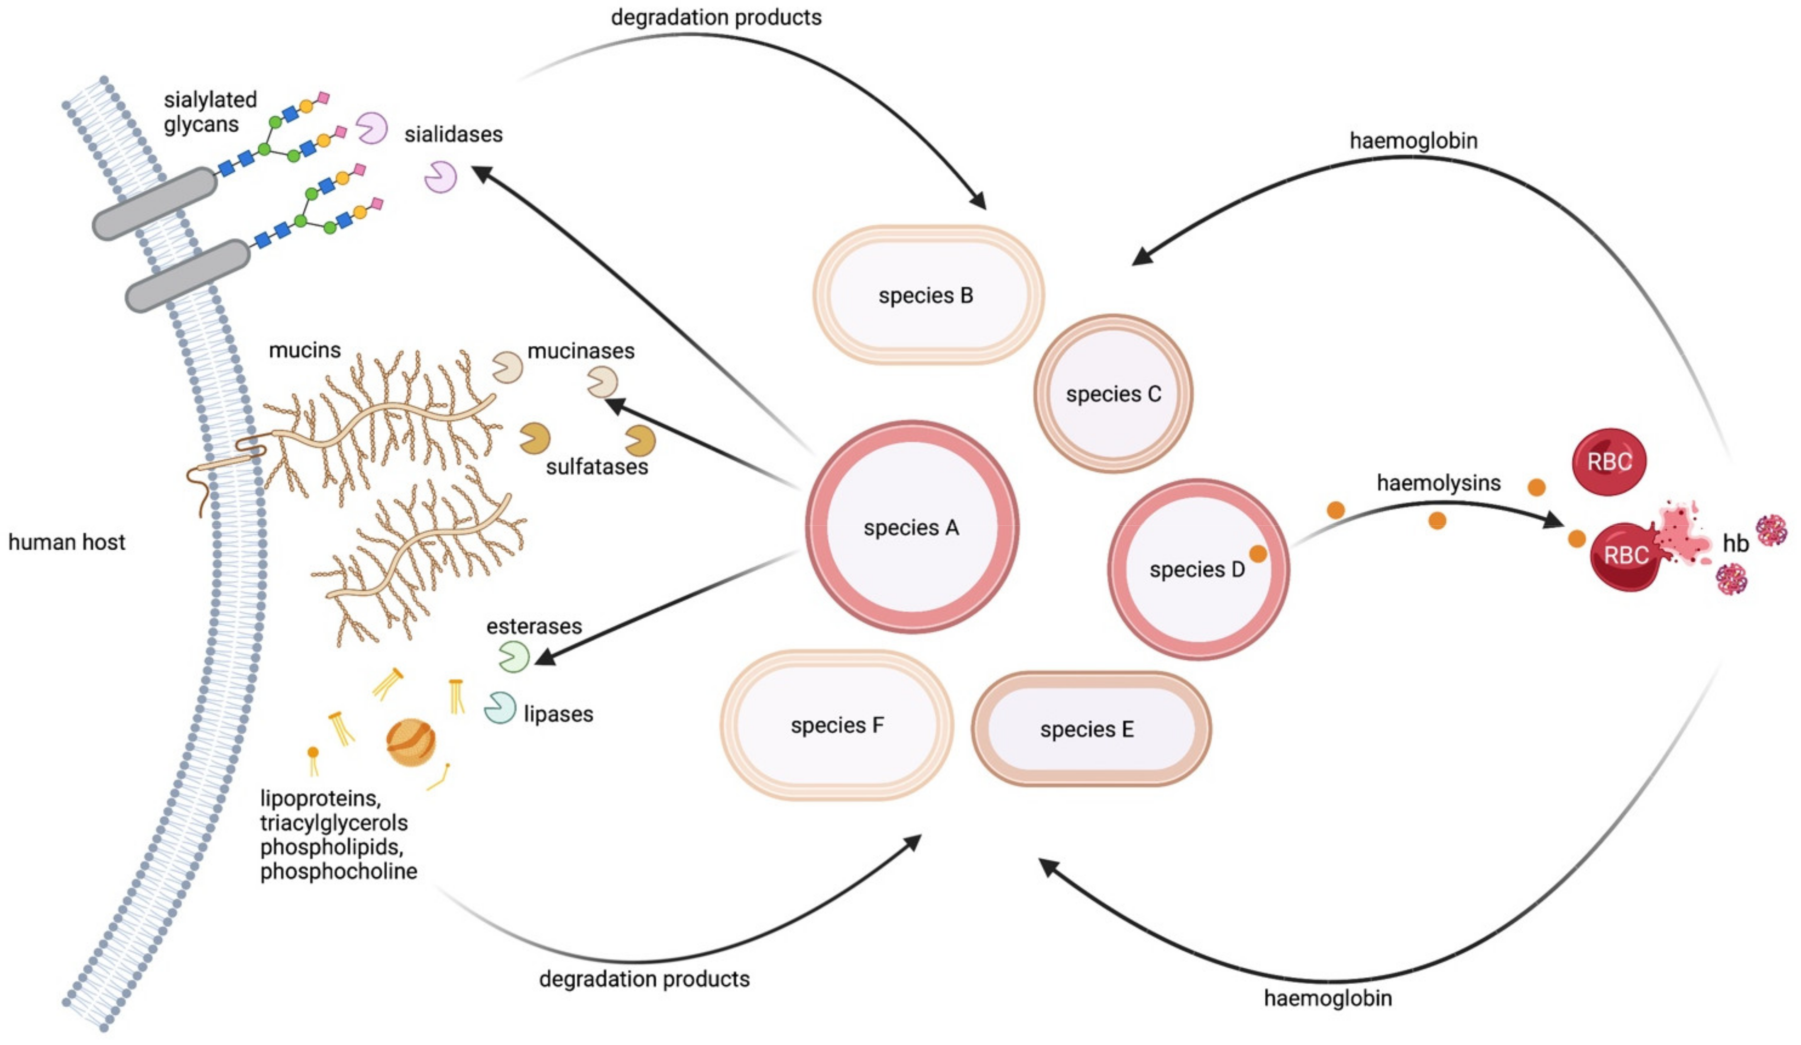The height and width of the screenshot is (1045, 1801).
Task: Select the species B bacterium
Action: (927, 295)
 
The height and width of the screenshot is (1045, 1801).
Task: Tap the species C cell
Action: (1113, 394)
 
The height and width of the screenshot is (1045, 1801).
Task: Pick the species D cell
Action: (1198, 569)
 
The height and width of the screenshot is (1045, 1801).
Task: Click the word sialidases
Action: (453, 134)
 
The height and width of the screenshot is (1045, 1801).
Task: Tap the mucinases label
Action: (580, 351)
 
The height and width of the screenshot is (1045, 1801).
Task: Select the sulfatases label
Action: (597, 467)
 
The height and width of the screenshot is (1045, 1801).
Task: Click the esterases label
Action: (534, 627)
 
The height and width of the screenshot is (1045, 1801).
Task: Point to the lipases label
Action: (558, 714)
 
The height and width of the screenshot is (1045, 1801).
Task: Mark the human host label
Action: (66, 542)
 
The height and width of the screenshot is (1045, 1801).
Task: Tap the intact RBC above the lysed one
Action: (1609, 462)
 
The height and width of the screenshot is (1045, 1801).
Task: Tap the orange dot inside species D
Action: (1258, 554)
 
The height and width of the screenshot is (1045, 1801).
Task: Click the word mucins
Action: (305, 350)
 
